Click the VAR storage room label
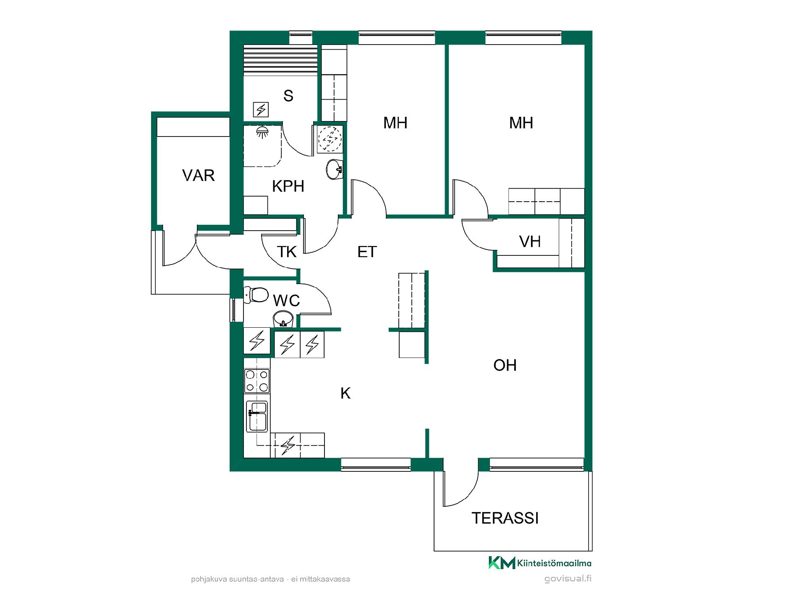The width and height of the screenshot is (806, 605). pyautogui.click(x=199, y=175)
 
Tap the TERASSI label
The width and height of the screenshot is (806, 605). pyautogui.click(x=505, y=518)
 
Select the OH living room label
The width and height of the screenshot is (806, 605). pyautogui.click(x=505, y=365)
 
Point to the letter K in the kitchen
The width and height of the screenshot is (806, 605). pyautogui.click(x=345, y=393)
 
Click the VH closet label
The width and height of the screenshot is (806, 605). pyautogui.click(x=530, y=242)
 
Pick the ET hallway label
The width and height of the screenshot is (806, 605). pyautogui.click(x=367, y=252)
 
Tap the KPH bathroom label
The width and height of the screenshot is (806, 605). pyautogui.click(x=288, y=186)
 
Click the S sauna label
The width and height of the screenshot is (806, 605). pyautogui.click(x=288, y=96)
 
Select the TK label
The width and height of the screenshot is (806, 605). pyautogui.click(x=287, y=252)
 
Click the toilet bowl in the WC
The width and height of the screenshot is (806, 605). pyautogui.click(x=256, y=295)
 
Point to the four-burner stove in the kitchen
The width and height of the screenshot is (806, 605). pyautogui.click(x=257, y=381)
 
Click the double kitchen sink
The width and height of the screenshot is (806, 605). pyautogui.click(x=257, y=416)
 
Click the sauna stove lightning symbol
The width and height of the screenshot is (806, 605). pyautogui.click(x=261, y=110)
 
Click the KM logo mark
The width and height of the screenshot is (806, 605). pyautogui.click(x=502, y=563)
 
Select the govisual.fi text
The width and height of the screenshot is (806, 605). pyautogui.click(x=568, y=579)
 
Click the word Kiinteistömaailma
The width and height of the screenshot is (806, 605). pyautogui.click(x=555, y=563)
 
